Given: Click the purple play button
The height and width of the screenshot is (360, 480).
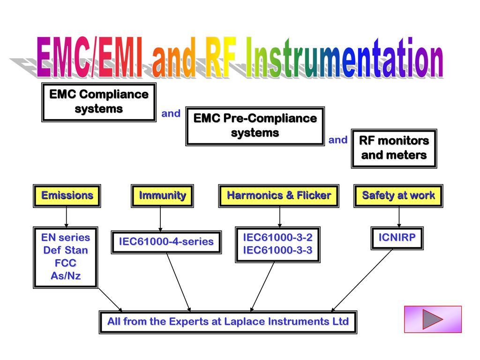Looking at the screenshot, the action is [433, 319].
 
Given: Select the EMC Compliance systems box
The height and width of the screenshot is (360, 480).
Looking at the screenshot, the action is [99, 102].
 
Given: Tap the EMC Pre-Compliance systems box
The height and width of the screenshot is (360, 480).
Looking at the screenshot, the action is [255, 126].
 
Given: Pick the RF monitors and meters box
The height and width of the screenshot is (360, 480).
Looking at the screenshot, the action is [394, 149].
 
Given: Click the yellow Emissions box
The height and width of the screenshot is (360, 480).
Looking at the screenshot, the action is [67, 196].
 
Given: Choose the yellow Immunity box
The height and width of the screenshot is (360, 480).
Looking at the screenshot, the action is [162, 196].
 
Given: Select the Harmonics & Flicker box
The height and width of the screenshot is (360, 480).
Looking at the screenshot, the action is [278, 196].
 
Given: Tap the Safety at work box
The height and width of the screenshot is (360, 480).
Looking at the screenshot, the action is [398, 196].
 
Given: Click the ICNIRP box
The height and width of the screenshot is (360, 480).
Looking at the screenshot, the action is [397, 238].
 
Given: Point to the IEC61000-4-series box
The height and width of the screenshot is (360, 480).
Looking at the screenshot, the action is [166, 242].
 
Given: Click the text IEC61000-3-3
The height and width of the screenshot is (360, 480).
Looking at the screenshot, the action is [277, 250].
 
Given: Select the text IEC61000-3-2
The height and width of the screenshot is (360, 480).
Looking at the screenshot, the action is [277, 238].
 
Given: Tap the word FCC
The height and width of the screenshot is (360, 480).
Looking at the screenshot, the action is [66, 263].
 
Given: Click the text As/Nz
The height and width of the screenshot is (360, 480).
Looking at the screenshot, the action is [66, 276].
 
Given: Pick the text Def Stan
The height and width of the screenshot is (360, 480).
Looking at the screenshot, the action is [66, 250].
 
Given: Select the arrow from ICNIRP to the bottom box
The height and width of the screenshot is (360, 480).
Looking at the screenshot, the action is [362, 280].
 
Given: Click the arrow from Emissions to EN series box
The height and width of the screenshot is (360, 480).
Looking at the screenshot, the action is [67, 217].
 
